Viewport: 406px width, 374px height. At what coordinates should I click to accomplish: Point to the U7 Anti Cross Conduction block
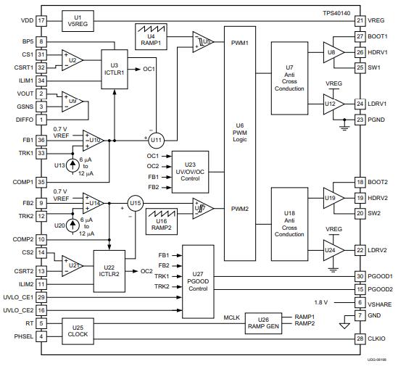click(x=289, y=78)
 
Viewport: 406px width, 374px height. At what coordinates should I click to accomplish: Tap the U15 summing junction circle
click(x=135, y=203)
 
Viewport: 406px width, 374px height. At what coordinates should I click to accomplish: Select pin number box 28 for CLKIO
click(x=360, y=338)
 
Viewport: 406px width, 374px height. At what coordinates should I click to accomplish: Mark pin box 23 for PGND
click(x=360, y=120)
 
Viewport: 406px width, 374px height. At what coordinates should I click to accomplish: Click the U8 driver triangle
click(x=331, y=52)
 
